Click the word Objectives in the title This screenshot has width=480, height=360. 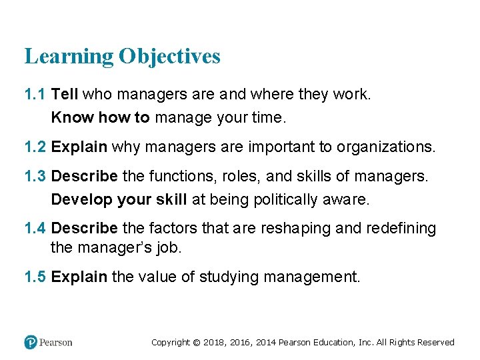(169, 57)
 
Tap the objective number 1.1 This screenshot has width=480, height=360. (35, 95)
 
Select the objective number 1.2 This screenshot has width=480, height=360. (35, 147)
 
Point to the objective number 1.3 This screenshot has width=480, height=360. (35, 176)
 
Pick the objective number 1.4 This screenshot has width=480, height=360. (35, 229)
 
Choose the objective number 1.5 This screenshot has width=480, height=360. (35, 276)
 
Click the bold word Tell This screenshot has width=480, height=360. (65, 95)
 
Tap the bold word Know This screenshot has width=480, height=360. (72, 118)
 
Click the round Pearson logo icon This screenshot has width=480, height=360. (31, 342)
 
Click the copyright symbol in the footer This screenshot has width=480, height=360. (196, 343)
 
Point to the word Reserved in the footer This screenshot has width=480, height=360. (435, 343)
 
